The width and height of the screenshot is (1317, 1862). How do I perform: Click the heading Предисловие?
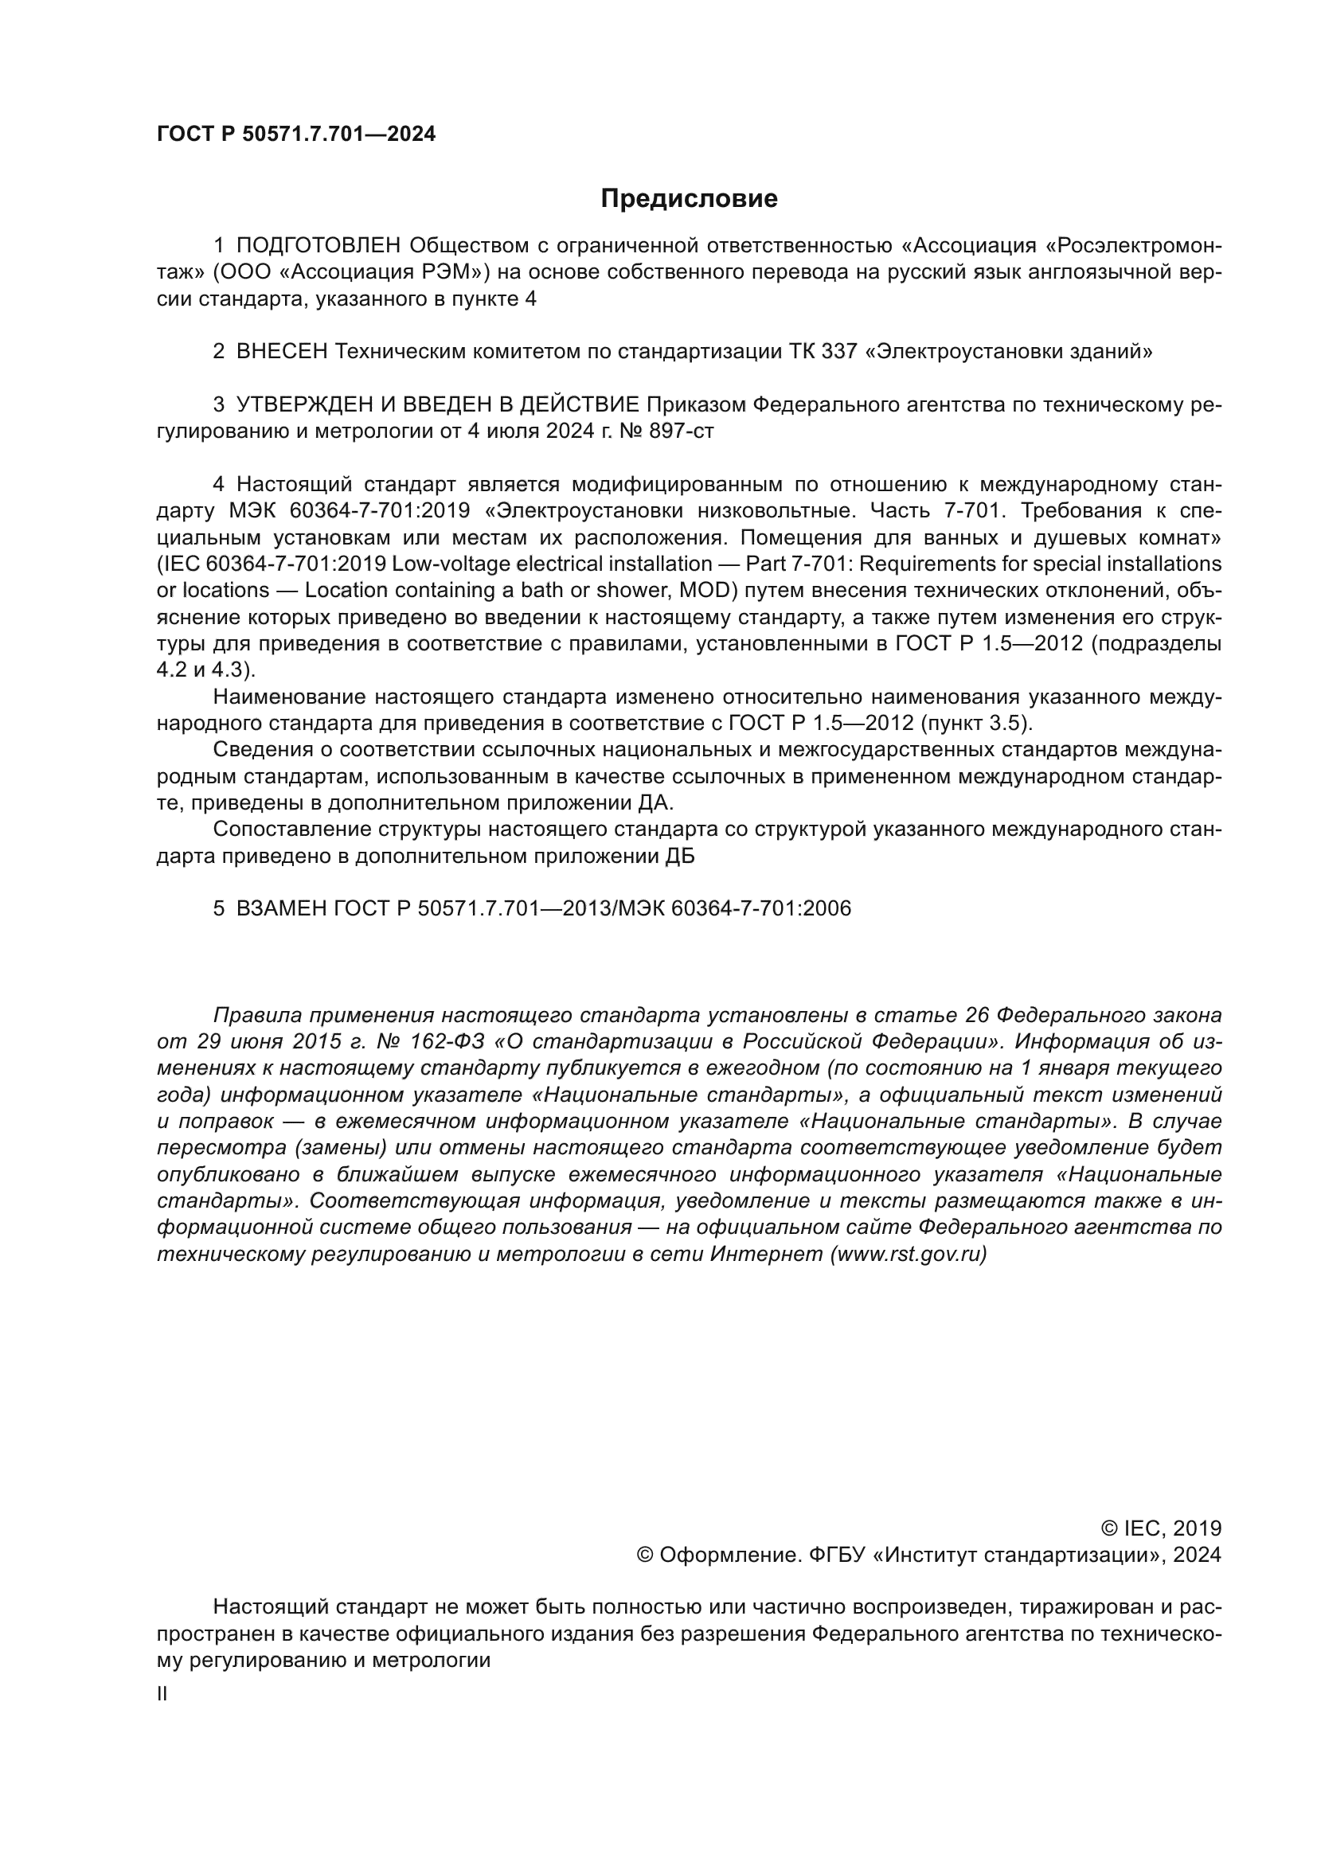click(689, 199)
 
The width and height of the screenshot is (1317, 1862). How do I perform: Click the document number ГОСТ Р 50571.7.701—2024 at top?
click(296, 135)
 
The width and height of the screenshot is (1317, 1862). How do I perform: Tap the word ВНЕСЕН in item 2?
click(281, 351)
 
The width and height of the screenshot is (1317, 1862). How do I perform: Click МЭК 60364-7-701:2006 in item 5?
click(735, 908)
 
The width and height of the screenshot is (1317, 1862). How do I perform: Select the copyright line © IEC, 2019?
click(1160, 1528)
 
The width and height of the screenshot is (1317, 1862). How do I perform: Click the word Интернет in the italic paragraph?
click(767, 1255)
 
